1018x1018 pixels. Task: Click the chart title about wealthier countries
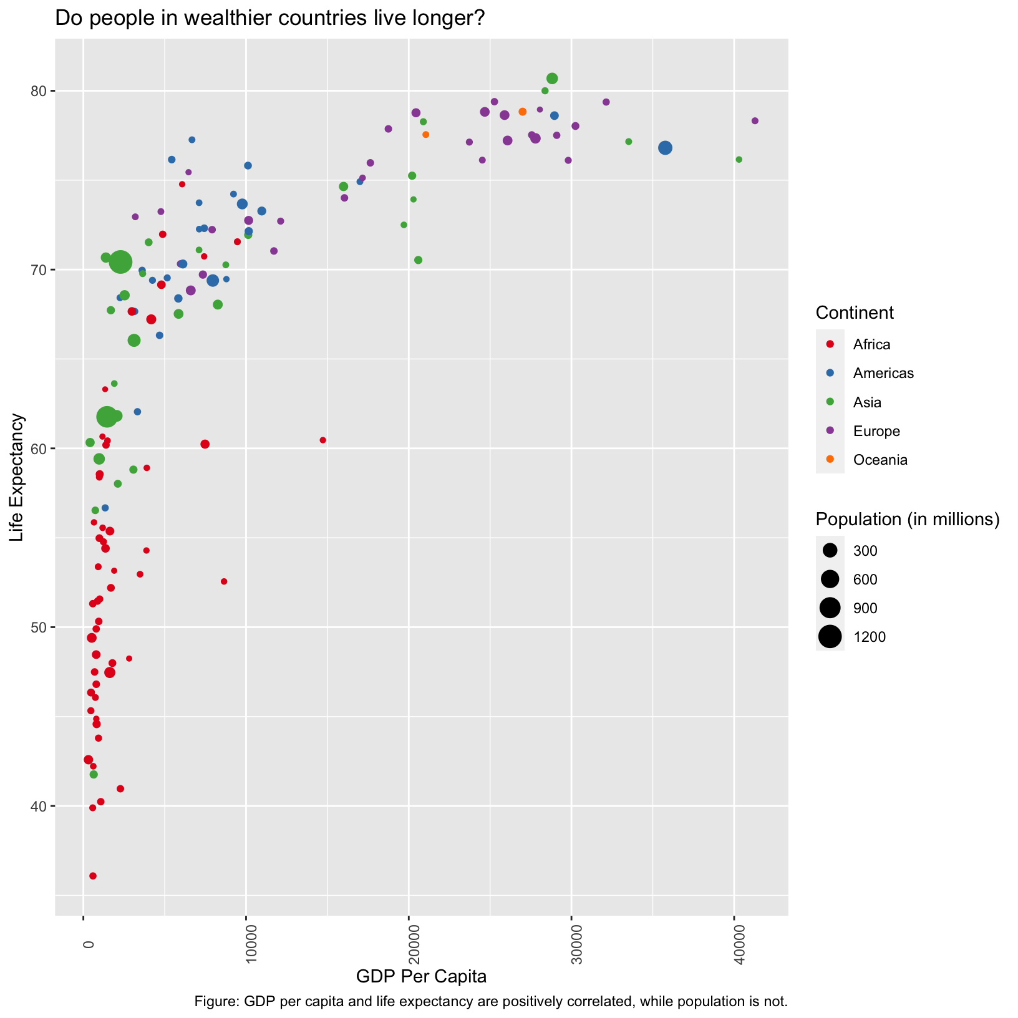(x=270, y=19)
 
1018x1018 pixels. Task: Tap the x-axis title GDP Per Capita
(x=421, y=976)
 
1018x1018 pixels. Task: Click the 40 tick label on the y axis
(x=39, y=807)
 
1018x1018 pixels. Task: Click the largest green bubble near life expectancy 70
(x=120, y=262)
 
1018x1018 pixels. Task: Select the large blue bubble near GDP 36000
(x=665, y=148)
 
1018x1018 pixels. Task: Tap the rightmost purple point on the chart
(x=755, y=121)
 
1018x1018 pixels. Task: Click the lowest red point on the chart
(x=93, y=876)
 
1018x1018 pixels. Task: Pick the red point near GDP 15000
(x=322, y=440)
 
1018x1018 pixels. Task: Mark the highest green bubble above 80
(x=552, y=79)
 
